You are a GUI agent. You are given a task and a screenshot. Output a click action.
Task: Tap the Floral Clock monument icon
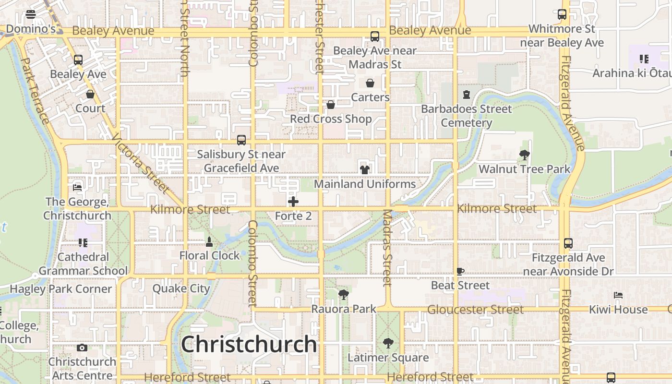(x=209, y=241)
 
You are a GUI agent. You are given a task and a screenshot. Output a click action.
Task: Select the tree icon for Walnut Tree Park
(x=524, y=155)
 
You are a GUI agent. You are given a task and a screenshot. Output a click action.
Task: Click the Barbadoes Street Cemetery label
(x=467, y=116)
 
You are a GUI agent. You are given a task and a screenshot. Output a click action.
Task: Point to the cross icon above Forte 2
(x=293, y=202)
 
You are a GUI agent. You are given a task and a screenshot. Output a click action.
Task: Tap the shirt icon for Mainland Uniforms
(x=365, y=169)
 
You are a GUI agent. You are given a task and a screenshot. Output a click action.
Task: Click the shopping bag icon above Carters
(x=370, y=83)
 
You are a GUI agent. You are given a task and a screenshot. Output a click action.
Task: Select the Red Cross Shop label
(x=331, y=119)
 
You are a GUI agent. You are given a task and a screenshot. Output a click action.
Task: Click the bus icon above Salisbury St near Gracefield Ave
(x=241, y=140)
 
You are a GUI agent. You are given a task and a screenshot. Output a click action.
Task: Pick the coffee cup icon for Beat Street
(x=460, y=271)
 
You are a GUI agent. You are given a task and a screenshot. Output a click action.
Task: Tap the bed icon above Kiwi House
(x=618, y=295)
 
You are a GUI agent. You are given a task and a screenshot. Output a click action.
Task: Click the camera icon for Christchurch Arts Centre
(x=82, y=348)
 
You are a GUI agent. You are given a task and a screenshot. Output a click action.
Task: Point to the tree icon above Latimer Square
(x=388, y=343)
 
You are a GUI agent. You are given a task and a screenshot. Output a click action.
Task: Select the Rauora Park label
(x=344, y=309)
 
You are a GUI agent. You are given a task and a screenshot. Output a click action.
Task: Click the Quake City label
(x=181, y=288)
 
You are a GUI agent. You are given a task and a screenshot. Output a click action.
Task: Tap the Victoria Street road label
(x=141, y=164)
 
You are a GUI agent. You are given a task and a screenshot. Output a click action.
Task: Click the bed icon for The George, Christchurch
(x=77, y=187)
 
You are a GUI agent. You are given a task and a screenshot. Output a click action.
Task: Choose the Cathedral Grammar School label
(x=83, y=264)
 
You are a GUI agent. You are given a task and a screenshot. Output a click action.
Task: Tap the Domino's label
(x=31, y=29)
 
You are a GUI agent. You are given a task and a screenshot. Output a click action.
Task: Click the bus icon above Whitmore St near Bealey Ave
(x=562, y=14)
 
